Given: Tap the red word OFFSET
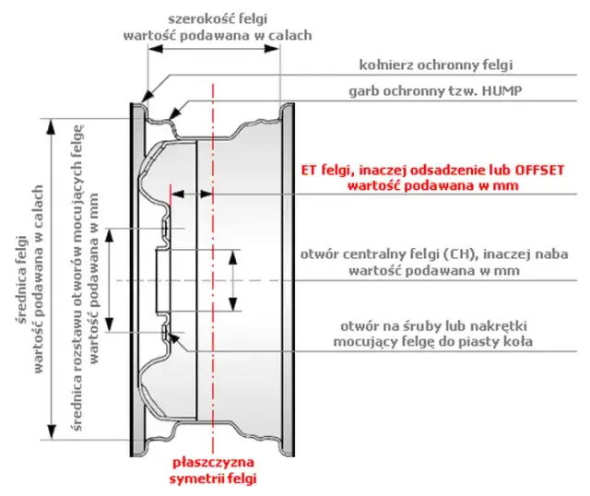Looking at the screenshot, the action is click(x=539, y=171).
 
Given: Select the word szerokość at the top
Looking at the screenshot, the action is click(x=195, y=18).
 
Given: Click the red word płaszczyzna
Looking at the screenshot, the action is click(x=213, y=463).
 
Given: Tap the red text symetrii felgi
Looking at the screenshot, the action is click(x=213, y=478).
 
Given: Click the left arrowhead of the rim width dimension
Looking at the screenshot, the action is click(x=155, y=49).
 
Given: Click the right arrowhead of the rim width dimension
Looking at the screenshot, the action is click(x=272, y=49).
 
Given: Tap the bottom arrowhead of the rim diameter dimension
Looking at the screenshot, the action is click(x=52, y=431).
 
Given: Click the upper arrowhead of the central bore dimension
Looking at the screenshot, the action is click(x=233, y=257).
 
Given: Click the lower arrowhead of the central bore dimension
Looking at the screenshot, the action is click(x=233, y=303).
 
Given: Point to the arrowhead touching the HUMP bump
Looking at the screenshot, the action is click(x=174, y=113).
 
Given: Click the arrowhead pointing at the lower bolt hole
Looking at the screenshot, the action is click(x=174, y=338).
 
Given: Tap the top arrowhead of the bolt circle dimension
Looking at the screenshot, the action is click(x=109, y=236).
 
